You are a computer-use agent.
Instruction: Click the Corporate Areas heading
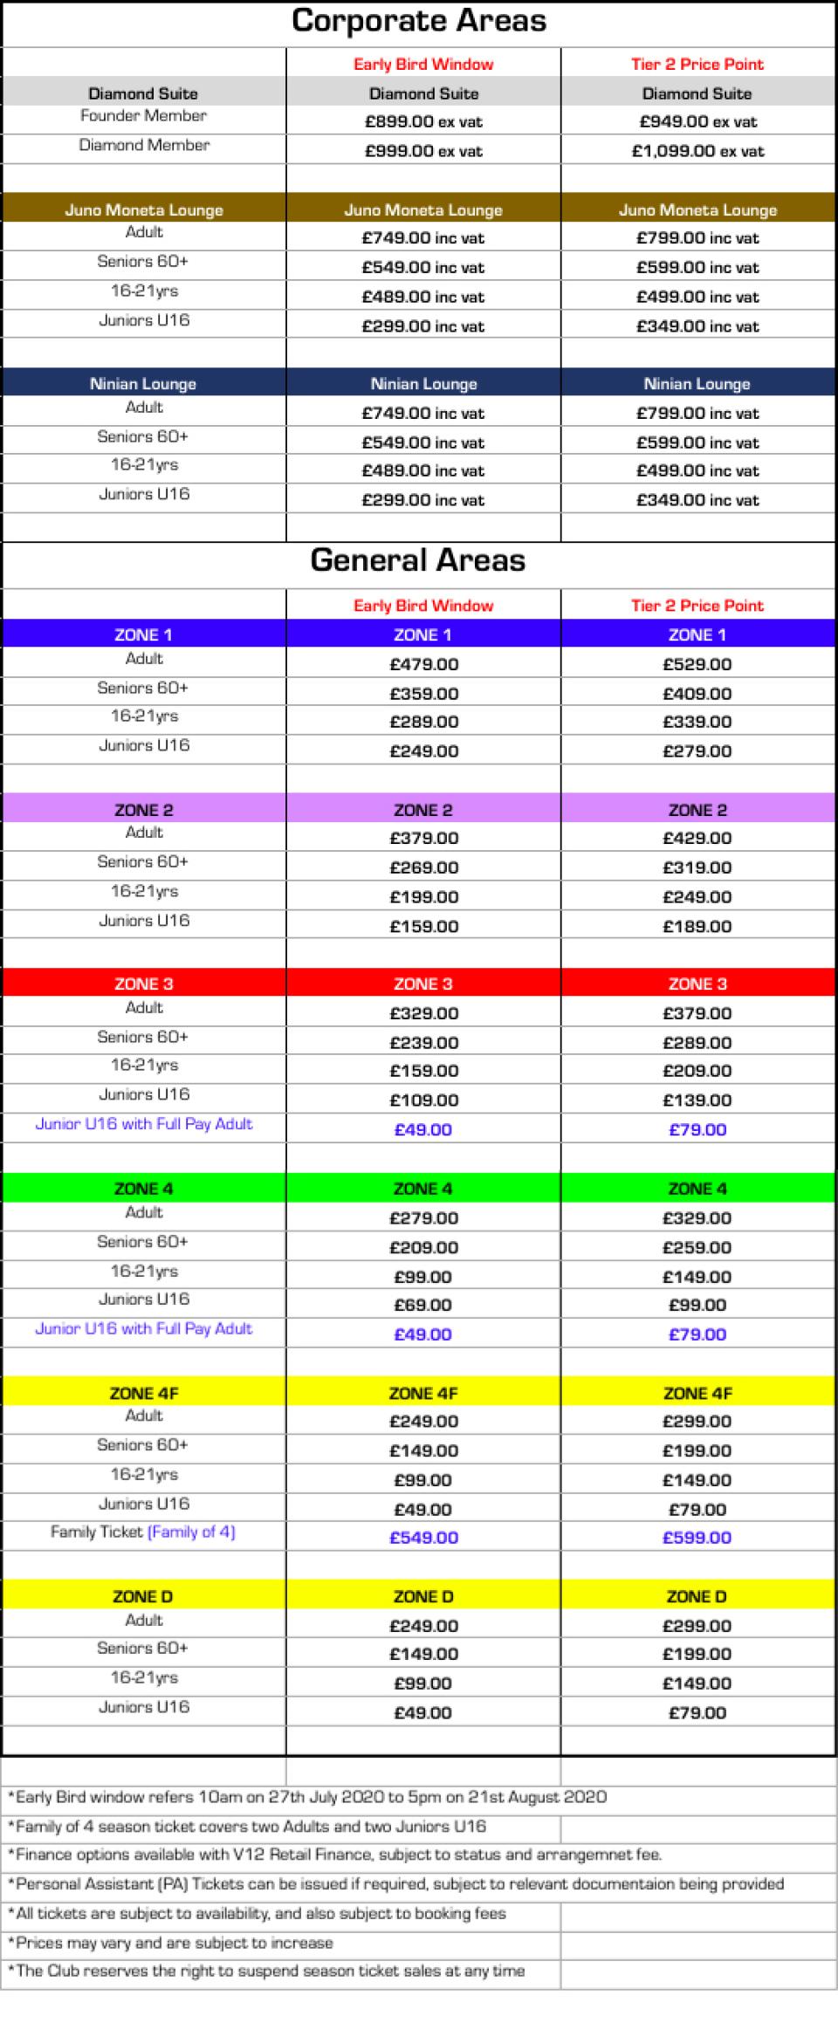pyautogui.click(x=418, y=21)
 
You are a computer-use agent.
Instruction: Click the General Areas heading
pyautogui.click(x=418, y=560)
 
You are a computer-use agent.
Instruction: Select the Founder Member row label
pyautogui.click(x=143, y=116)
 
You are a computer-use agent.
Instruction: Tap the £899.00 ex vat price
pyautogui.click(x=423, y=122)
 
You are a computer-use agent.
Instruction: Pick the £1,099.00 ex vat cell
pyautogui.click(x=697, y=151)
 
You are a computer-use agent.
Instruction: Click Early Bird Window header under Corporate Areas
pyautogui.click(x=423, y=64)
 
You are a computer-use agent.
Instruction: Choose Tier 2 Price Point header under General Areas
pyautogui.click(x=697, y=606)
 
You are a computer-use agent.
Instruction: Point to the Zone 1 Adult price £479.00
pyautogui.click(x=423, y=664)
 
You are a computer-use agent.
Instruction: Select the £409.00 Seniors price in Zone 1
pyautogui.click(x=697, y=694)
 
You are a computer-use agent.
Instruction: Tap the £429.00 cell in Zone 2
pyautogui.click(x=697, y=838)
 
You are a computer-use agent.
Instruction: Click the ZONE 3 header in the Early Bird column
pyautogui.click(x=423, y=984)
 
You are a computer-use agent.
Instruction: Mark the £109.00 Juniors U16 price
pyautogui.click(x=423, y=1100)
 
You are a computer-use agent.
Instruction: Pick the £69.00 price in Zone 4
pyautogui.click(x=423, y=1305)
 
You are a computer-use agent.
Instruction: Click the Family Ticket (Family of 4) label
pyautogui.click(x=143, y=1532)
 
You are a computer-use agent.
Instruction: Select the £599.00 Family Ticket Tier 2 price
pyautogui.click(x=697, y=1538)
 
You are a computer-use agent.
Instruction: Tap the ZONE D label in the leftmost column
pyautogui.click(x=143, y=1596)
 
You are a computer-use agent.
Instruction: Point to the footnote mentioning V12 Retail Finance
pyautogui.click(x=334, y=1855)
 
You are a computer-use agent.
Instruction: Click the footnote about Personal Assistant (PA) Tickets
pyautogui.click(x=395, y=1883)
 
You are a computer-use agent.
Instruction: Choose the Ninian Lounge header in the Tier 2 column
pyautogui.click(x=697, y=384)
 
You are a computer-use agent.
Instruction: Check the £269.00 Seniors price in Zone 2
pyautogui.click(x=423, y=867)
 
